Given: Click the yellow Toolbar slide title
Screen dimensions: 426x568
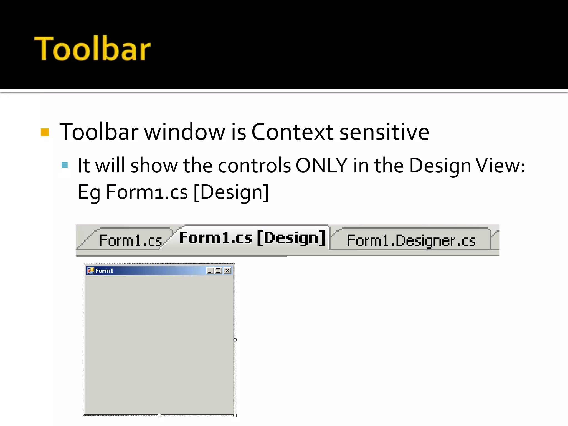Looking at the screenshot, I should tap(92, 49).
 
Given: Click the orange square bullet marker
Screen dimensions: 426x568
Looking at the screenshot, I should tap(45, 132).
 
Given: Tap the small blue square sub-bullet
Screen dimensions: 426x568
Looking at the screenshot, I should tap(65, 165).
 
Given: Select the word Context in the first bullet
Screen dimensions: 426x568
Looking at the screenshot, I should tap(292, 132).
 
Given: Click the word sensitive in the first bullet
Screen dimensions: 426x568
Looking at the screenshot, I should tap(384, 132).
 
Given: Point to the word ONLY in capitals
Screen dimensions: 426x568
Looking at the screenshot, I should tap(321, 166).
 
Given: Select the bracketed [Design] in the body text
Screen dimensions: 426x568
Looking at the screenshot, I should tap(231, 192).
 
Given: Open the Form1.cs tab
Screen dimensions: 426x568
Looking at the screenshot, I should tap(130, 240).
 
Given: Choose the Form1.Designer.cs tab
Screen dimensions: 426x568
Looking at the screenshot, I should tap(411, 240).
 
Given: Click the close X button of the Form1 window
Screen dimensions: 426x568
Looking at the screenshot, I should tap(227, 271).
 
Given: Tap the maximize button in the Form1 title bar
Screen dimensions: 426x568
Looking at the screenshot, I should tap(219, 271).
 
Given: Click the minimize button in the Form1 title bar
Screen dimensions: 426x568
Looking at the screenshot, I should tap(210, 271).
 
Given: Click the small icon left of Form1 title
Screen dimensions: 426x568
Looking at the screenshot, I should tap(91, 271).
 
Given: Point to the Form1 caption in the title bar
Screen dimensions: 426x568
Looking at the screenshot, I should tap(104, 271).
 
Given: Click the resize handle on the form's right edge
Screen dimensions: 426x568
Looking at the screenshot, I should tap(235, 340).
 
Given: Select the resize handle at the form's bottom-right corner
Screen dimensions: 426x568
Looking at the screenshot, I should tap(235, 415).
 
